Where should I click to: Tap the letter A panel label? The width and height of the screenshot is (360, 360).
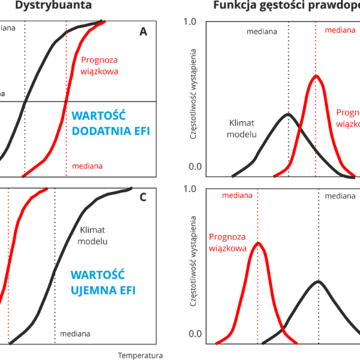coord(143,32)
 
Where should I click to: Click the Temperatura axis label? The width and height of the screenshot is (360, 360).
coord(140,355)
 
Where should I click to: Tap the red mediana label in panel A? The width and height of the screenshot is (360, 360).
coord(86,166)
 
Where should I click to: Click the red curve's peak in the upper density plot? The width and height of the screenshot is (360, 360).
coord(316,76)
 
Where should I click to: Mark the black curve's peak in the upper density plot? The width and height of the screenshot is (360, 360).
coord(288,113)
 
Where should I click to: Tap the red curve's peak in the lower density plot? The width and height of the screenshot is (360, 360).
coord(258,243)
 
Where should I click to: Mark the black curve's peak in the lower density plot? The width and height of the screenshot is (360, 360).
coord(319,281)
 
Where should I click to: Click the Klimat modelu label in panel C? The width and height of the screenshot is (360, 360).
coord(92,236)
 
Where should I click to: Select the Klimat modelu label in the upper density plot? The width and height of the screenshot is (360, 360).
coord(243,128)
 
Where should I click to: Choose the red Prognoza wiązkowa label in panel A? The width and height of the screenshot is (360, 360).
coord(99,65)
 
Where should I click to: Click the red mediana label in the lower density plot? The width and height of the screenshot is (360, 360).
coord(236,196)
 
